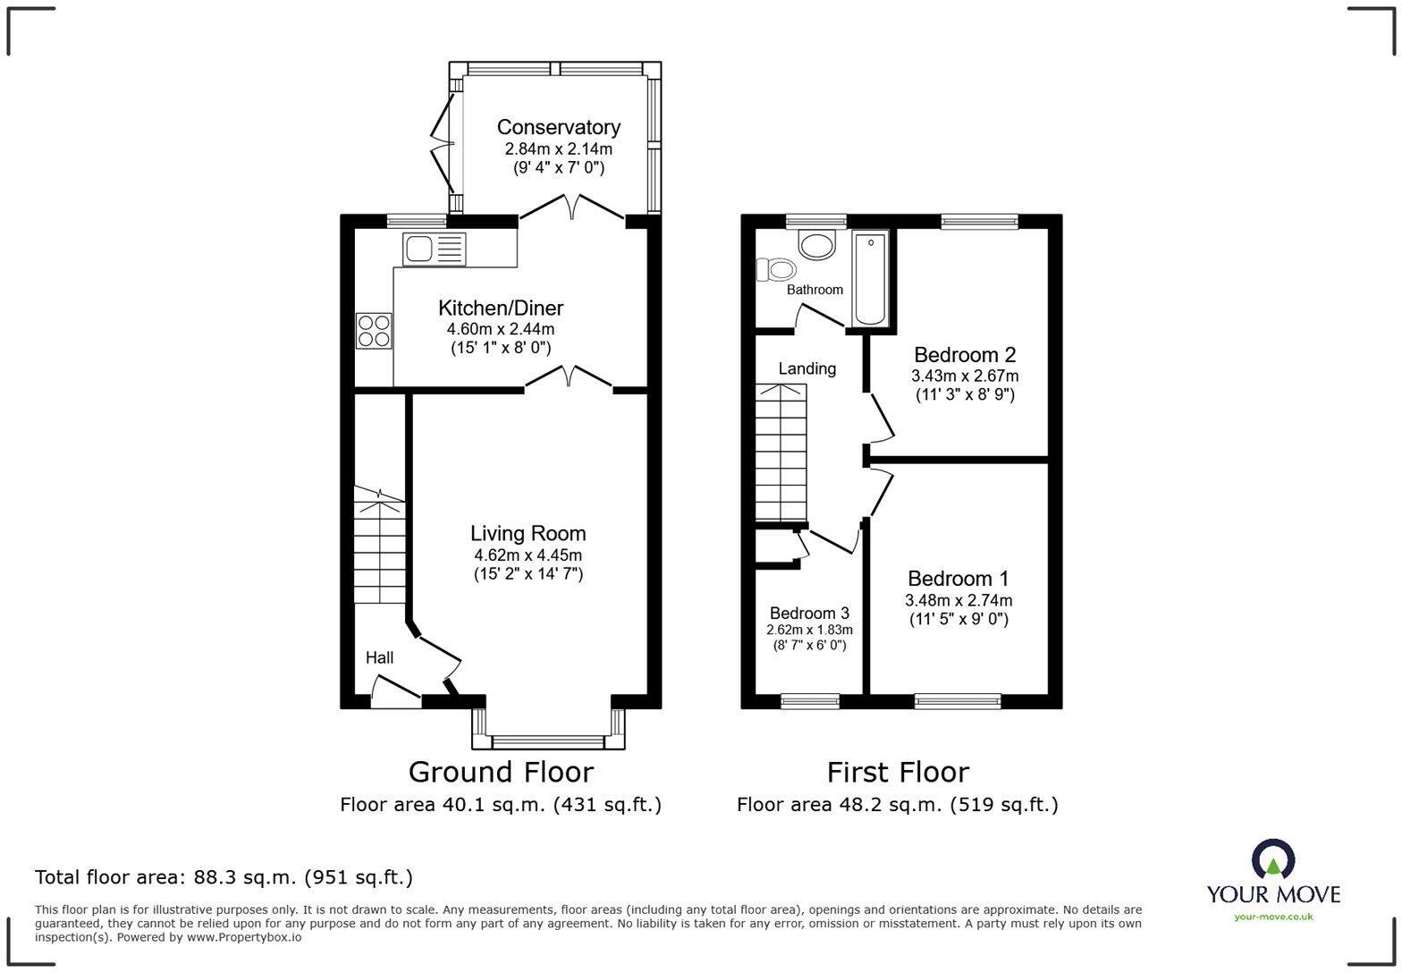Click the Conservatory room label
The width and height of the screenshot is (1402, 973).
point(558,127)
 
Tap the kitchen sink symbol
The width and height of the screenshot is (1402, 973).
point(435,248)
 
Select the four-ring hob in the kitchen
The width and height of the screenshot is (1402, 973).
point(374,330)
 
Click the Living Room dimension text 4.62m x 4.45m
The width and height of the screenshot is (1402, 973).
point(528,555)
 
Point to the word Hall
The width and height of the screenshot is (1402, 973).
point(379,657)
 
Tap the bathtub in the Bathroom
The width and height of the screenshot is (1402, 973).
point(870,278)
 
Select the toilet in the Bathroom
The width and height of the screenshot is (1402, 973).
point(776,269)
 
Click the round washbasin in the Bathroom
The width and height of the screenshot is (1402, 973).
point(816,242)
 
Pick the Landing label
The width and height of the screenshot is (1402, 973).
point(807,368)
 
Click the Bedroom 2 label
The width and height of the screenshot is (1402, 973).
point(964,355)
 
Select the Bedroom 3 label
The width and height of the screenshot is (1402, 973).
point(809,613)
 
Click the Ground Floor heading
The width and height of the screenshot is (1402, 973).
point(501,772)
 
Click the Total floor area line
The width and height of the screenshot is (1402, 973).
point(224,877)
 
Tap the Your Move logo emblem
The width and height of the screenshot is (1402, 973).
point(1273,859)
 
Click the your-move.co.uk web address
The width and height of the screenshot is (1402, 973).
point(1273,916)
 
